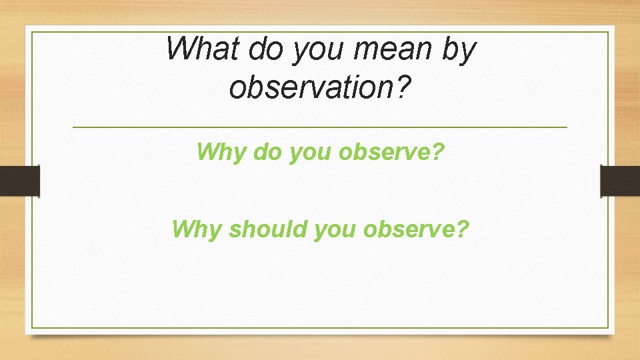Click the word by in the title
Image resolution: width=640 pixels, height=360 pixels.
[461, 52]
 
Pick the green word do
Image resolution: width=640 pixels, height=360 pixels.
[265, 152]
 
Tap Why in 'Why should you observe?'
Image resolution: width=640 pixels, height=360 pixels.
[196, 229]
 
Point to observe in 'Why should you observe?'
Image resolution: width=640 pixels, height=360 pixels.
[409, 229]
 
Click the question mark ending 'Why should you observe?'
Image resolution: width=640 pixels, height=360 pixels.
[463, 229]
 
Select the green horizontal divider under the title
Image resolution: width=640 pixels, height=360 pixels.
[319, 127]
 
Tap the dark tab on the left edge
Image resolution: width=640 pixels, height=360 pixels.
[20, 181]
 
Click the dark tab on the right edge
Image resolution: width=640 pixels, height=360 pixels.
[620, 181]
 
